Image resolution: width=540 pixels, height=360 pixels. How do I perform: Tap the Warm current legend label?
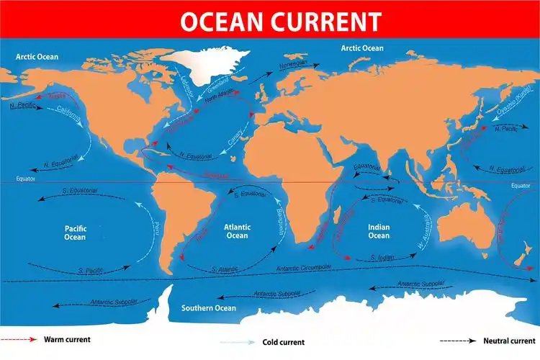[x=67, y=338]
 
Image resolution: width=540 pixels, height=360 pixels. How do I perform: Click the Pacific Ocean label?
[x=75, y=232]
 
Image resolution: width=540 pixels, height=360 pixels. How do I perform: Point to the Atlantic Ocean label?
[x=236, y=230]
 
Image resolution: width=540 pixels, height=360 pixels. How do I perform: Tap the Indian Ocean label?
[x=379, y=231]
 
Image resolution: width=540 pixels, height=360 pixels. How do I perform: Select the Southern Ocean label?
[x=208, y=308]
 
